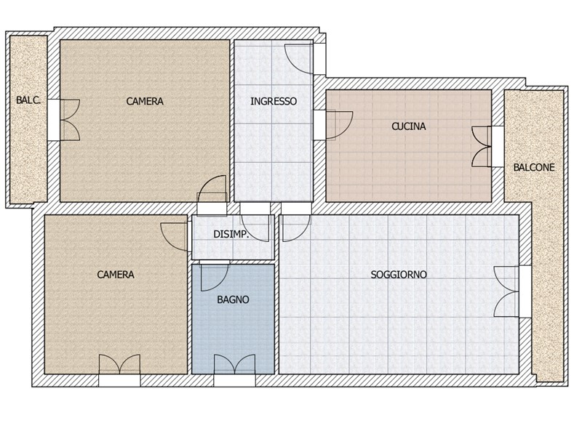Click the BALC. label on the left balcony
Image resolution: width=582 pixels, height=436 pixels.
tap(28, 100)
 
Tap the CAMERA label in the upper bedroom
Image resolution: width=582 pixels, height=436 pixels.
tap(145, 101)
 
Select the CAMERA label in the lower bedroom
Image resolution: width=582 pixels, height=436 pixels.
tap(116, 275)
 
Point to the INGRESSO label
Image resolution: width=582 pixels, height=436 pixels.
tap(274, 101)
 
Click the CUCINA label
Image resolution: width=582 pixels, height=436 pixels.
tap(409, 126)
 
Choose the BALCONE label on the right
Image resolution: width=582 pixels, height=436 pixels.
tap(534, 168)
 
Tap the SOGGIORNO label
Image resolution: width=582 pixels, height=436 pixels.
tap(399, 275)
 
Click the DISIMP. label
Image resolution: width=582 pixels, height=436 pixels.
tap(231, 234)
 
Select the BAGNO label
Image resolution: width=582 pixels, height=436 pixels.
tap(233, 299)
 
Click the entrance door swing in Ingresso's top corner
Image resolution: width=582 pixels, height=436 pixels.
tap(298, 58)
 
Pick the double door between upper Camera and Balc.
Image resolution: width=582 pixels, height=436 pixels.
tap(70, 120)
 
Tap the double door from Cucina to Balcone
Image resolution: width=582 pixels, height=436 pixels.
tap(481, 147)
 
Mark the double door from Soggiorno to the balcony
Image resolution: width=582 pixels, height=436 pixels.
tap(506, 291)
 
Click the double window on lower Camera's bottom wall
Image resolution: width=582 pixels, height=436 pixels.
tap(119, 365)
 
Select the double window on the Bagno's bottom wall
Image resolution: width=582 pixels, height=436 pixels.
tap(234, 365)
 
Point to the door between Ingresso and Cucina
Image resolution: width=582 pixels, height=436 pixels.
tap(338, 125)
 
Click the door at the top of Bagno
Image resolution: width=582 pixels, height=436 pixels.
tap(214, 278)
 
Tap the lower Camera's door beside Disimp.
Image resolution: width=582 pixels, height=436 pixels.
tap(174, 237)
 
